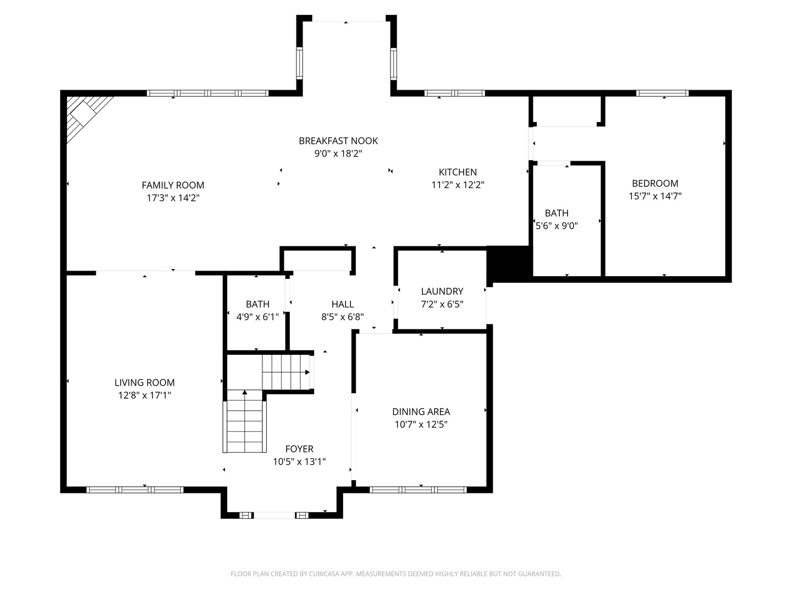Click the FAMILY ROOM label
point(173,185)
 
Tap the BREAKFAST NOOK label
point(338,141)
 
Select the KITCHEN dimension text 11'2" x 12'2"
point(458,185)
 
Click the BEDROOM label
point(655,184)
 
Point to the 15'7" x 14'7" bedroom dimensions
point(655,196)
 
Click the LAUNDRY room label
point(442,291)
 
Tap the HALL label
point(343,304)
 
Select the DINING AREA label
point(421,412)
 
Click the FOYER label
point(299,449)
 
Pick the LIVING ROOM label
point(144,383)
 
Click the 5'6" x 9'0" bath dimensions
point(557,226)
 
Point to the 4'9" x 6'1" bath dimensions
point(257,317)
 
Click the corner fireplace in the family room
point(86,116)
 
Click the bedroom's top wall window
point(662,94)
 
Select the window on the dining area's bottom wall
point(418,490)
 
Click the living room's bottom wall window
point(135,490)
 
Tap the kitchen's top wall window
point(455,94)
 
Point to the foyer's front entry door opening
point(274,515)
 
